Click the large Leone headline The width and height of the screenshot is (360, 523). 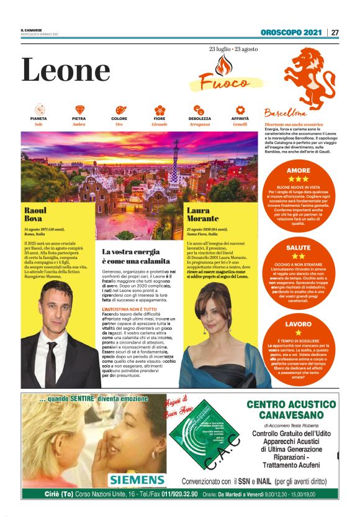(65, 70)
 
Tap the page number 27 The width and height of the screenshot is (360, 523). (335, 32)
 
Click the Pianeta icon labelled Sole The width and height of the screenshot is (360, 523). (38, 110)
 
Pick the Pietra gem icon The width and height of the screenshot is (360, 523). (79, 110)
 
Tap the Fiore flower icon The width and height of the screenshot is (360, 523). (160, 110)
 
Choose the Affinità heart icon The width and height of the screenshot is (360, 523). (240, 110)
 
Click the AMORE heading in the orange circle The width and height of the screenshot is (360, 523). (299, 170)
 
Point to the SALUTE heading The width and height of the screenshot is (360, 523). (299, 247)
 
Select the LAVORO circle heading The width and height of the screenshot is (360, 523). (298, 324)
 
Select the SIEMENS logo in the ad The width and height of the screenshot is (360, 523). (137, 479)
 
